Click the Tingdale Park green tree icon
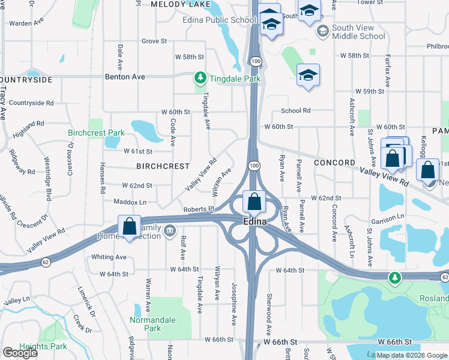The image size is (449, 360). click(200, 77)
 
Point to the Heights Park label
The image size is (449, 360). click(41, 346)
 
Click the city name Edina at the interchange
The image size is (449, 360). click(255, 221)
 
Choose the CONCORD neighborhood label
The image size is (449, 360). click(334, 163)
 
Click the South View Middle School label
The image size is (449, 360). click(358, 32)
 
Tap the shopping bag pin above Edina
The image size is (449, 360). click(255, 202)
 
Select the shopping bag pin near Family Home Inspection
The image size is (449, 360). click(129, 226)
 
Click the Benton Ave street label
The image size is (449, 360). click(125, 77)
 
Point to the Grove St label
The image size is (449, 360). click(154, 41)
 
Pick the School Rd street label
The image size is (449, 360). click(295, 110)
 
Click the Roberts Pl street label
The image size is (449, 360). click(199, 209)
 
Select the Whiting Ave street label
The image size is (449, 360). click(109, 257)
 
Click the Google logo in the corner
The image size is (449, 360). click(21, 353)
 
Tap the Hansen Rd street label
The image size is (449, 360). click(102, 178)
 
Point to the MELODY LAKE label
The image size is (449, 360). click(181, 4)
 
